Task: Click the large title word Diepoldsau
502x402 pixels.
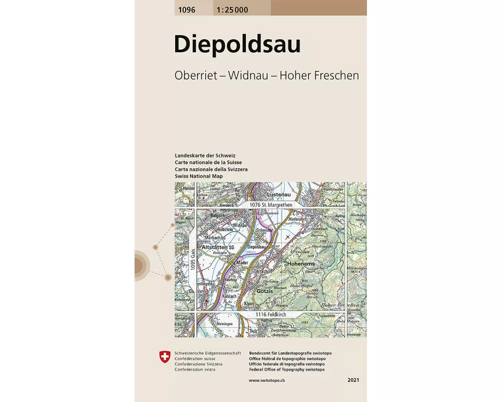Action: tap(237, 45)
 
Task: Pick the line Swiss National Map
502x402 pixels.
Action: tap(198, 177)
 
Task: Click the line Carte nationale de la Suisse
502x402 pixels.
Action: tap(208, 163)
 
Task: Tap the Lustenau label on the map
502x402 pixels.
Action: tap(280, 194)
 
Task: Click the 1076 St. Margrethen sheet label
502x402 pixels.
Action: tap(271, 205)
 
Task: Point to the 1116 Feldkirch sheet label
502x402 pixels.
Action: tap(270, 315)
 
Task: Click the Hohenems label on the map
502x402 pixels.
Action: tap(301, 263)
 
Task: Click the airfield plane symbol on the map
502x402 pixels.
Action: tap(287, 236)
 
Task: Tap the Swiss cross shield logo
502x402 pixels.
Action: tap(164, 357)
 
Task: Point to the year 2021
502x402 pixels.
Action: tap(353, 380)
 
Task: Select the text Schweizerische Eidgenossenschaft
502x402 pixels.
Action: tap(208, 353)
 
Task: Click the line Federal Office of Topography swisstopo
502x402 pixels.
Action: tap(287, 369)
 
